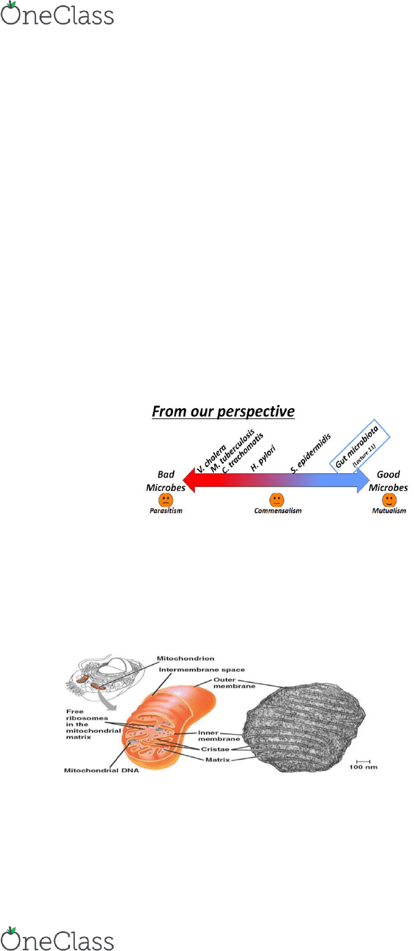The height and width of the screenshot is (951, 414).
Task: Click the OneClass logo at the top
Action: [x=57, y=13]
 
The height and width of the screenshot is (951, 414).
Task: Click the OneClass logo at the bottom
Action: [x=57, y=938]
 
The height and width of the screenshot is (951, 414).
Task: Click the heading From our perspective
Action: [x=223, y=411]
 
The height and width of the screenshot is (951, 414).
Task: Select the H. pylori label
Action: [x=263, y=458]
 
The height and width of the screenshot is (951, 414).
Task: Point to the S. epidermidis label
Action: [x=310, y=453]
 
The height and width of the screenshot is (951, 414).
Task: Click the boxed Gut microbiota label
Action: [x=360, y=446]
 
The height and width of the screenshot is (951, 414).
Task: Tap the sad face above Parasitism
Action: [x=166, y=500]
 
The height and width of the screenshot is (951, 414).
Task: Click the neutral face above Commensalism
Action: [x=276, y=500]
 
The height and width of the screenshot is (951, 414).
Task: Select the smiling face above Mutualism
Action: [x=389, y=500]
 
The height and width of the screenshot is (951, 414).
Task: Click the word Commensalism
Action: [x=278, y=511]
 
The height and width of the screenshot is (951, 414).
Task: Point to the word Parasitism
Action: [x=166, y=511]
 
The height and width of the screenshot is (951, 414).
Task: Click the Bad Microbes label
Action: [x=166, y=481]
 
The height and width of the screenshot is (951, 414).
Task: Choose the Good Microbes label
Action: [x=388, y=481]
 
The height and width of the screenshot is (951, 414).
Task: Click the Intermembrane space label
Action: [x=202, y=670]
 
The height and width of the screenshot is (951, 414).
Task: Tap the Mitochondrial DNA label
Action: [x=102, y=770]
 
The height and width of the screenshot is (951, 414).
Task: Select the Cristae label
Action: [x=215, y=749]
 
